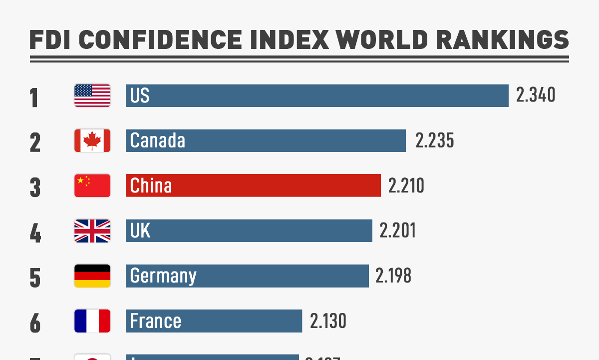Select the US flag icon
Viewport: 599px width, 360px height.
coord(92,95)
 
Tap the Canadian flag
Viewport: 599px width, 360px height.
coord(92,140)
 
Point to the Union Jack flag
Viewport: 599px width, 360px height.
coord(92,230)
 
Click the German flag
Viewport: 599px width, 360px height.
coord(92,275)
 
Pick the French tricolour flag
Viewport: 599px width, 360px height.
coord(92,320)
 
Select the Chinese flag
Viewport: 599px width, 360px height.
coord(92,185)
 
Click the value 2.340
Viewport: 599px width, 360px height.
coord(536,95)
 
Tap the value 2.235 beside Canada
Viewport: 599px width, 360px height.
coord(435,140)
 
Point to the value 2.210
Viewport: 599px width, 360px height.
coord(406,185)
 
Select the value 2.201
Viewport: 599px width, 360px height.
coord(397,230)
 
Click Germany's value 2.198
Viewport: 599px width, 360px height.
coord(393,275)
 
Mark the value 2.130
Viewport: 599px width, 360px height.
coord(328,320)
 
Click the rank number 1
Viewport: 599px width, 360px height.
coord(34,97)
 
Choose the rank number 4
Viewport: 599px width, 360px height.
coord(35,232)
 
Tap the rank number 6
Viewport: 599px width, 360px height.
coord(35,322)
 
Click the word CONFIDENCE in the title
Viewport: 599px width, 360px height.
coord(164,39)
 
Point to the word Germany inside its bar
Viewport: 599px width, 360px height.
coord(163,276)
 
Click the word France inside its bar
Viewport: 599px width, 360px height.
coord(155,320)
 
